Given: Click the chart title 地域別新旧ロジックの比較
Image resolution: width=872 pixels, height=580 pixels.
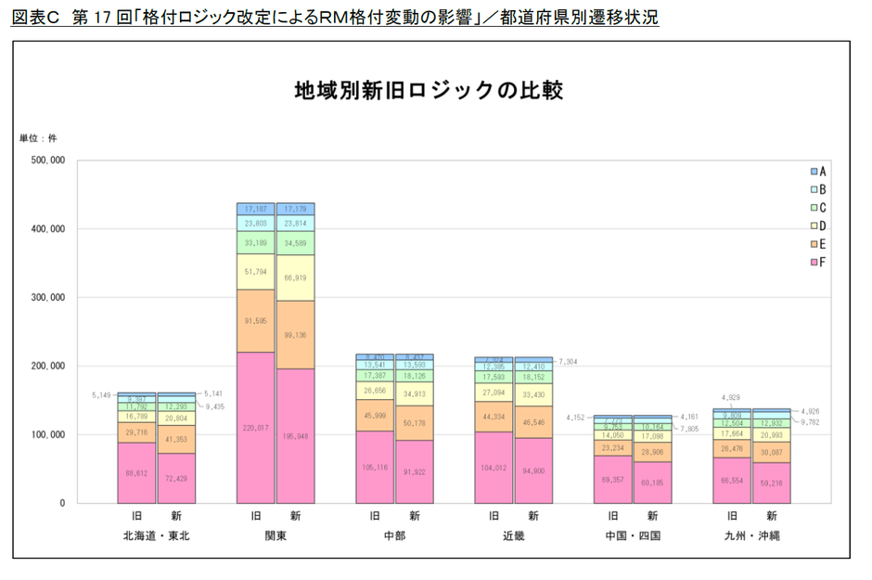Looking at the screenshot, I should (430, 91).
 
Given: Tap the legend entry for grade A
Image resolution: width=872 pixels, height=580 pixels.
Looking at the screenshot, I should (815, 172).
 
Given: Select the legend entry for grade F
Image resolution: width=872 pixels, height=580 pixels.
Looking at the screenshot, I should (815, 263).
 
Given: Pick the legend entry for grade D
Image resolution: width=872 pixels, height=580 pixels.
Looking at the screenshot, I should (815, 226).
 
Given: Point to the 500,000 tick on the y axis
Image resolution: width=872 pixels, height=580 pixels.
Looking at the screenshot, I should (45, 161).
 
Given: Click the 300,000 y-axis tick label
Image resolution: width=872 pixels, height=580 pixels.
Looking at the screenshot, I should (45, 298).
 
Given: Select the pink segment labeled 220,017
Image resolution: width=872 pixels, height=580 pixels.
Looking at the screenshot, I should (255, 428).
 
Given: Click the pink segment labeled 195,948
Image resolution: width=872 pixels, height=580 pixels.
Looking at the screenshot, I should (295, 435).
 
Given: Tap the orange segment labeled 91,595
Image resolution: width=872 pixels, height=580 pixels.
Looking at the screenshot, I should (255, 321).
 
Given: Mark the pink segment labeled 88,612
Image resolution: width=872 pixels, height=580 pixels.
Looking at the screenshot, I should (136, 473).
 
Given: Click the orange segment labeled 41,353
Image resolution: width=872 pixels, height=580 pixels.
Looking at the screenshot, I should (176, 437).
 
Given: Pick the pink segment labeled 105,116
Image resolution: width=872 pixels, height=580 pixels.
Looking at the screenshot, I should (375, 467).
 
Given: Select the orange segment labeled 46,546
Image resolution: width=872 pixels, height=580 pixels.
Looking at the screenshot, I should (533, 422).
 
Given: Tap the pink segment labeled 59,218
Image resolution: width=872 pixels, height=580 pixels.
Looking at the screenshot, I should (772, 483).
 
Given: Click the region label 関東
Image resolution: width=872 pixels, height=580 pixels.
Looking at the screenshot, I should (275, 535).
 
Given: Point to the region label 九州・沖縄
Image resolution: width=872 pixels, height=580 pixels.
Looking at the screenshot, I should (751, 535).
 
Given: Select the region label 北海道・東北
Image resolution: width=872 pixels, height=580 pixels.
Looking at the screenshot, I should (156, 535).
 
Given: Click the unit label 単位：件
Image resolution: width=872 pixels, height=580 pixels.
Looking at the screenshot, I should (39, 138).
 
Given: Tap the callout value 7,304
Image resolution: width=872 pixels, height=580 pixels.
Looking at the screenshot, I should (569, 361).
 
